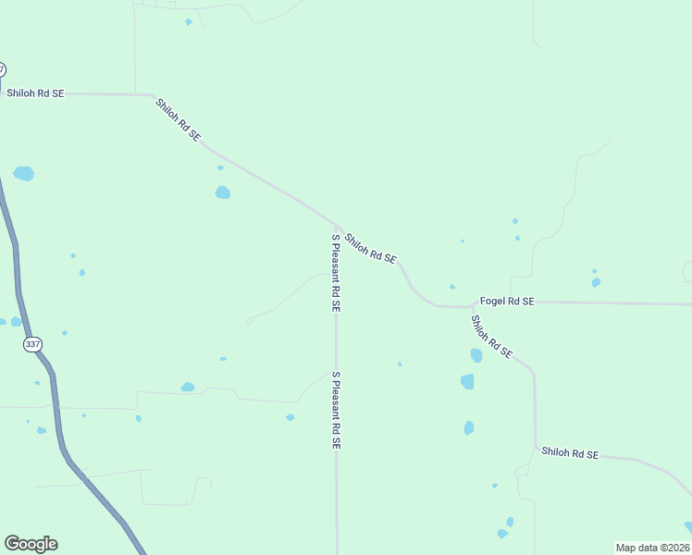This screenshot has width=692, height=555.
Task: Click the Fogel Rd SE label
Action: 507,302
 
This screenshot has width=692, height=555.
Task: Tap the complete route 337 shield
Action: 34,344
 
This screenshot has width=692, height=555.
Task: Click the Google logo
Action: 31,544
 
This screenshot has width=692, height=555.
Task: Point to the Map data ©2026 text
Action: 652,548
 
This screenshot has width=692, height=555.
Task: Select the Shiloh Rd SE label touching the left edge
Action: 35,93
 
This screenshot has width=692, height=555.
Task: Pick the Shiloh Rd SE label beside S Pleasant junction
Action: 370,248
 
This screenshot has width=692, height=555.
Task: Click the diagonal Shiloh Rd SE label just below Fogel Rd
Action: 490,337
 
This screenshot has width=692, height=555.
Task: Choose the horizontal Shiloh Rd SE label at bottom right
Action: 570,453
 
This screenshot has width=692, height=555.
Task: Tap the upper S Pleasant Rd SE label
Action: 337,272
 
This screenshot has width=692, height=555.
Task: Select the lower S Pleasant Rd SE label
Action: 337,410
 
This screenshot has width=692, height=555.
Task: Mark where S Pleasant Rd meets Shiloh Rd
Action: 336,225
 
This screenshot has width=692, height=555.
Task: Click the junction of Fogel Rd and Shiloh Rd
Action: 474,304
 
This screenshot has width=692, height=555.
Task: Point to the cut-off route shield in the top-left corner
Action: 2,69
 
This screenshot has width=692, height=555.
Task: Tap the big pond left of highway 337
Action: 23,174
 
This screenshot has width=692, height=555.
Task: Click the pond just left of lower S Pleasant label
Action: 290,417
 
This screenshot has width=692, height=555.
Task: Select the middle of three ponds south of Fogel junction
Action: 467,381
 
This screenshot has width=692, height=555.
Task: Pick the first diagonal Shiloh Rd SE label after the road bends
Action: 178,119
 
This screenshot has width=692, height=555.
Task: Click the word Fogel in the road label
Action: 491,302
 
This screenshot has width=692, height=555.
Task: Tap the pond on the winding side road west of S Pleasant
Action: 188,387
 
